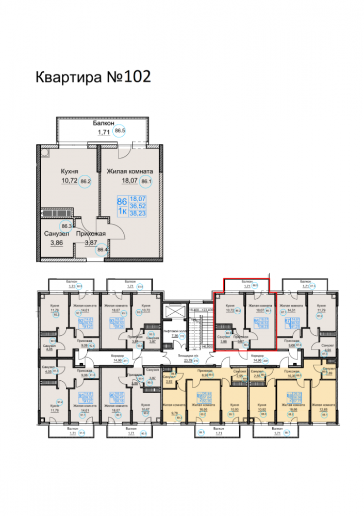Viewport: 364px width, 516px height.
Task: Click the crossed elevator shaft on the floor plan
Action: (173, 313)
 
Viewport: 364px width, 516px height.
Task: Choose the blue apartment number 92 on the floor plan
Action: (80, 321)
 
